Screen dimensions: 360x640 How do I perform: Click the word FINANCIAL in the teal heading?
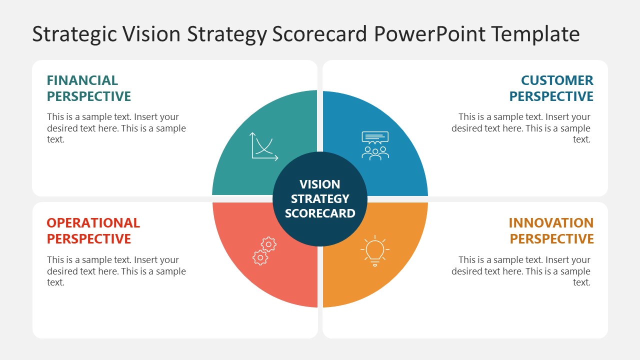tap(82, 80)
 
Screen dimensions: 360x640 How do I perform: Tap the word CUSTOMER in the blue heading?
tap(557, 80)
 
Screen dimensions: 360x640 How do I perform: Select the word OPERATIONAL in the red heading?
tap(93, 223)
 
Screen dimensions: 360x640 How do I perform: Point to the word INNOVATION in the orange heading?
tap(551, 223)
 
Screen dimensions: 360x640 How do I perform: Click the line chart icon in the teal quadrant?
tap(264, 146)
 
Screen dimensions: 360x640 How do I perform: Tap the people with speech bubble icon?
tap(375, 145)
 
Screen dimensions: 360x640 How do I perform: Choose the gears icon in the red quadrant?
tap(264, 250)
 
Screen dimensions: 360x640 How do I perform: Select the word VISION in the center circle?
tap(319, 184)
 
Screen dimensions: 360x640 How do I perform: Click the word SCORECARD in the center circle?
tap(320, 213)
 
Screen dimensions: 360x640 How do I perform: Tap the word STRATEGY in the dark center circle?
tap(320, 199)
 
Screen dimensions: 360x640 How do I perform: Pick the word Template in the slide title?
tap(535, 34)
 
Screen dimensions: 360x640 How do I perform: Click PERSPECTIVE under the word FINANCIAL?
tap(89, 96)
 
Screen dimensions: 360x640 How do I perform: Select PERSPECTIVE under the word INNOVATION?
tap(551, 239)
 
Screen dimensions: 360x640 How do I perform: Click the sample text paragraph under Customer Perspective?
tap(521, 128)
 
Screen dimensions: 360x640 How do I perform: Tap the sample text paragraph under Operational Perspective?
tap(116, 271)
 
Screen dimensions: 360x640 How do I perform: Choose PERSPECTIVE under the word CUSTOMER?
tap(551, 96)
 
